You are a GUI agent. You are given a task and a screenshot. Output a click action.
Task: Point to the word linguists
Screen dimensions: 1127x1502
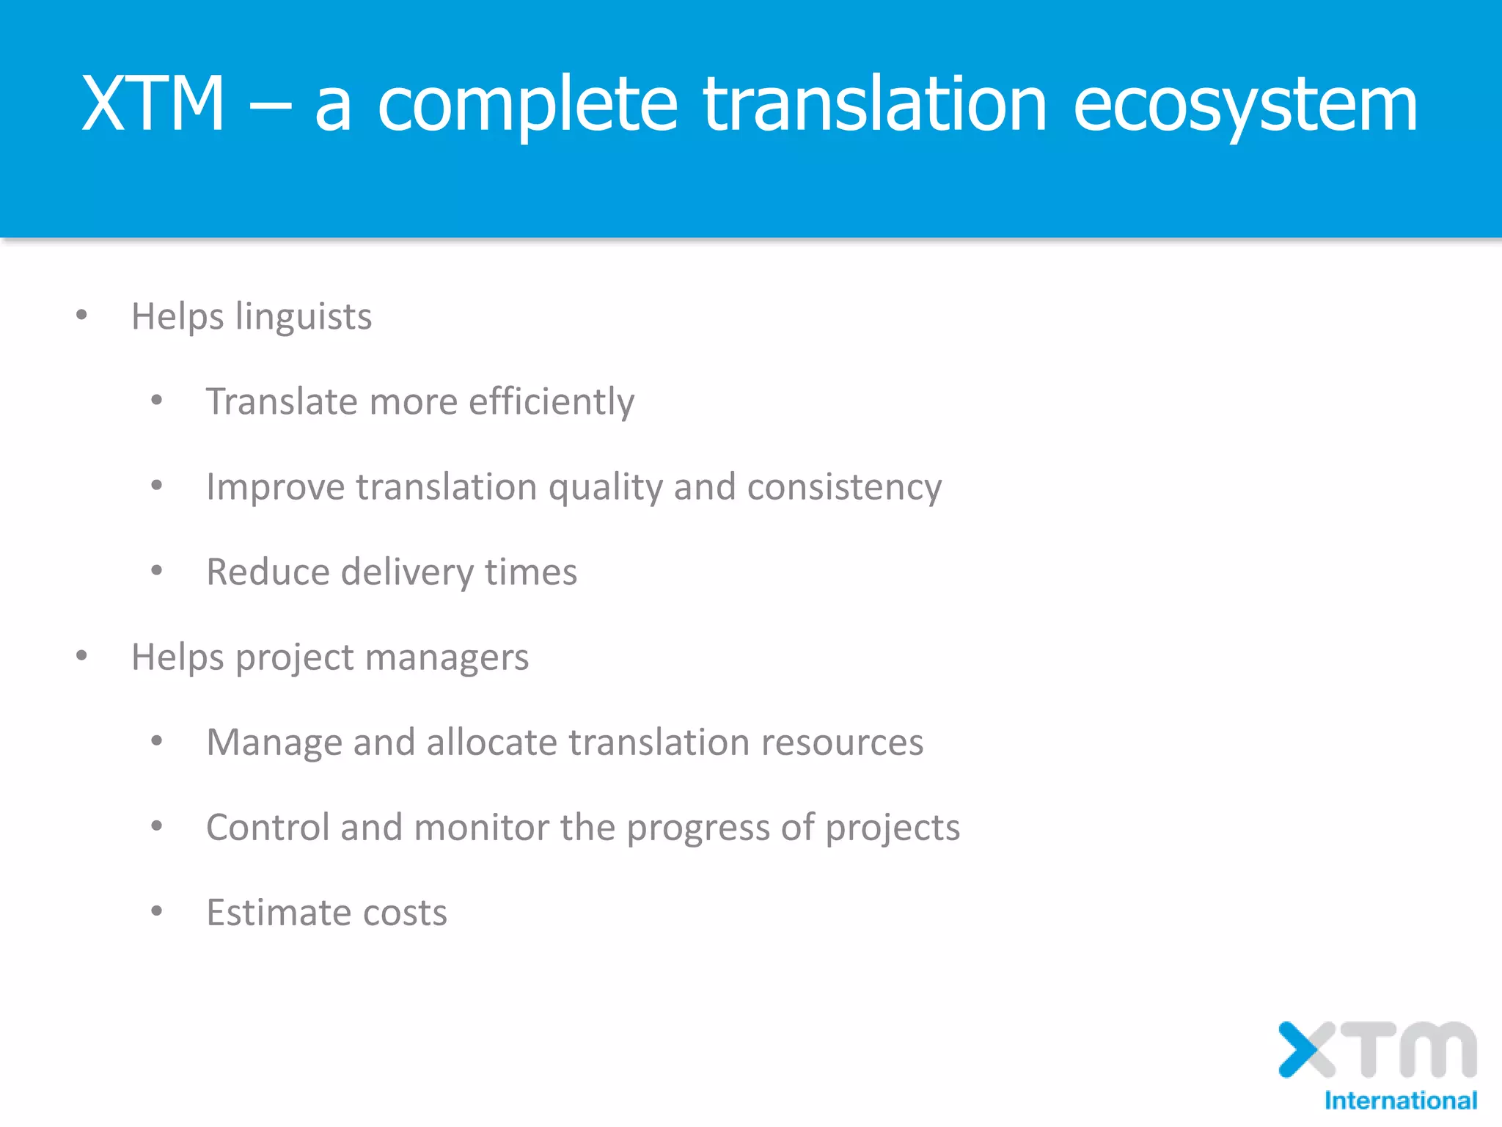click(303, 317)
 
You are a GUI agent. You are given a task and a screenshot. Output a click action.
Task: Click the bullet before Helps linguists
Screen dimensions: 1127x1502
click(81, 316)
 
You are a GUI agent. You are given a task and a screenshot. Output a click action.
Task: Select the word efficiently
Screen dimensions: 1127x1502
click(551, 402)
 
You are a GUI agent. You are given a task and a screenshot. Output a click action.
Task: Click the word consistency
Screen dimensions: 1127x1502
click(844, 487)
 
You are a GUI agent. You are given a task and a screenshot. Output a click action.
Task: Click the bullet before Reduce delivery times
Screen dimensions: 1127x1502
click(156, 571)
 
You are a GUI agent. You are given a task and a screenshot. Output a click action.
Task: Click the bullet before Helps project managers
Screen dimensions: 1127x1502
click(81, 656)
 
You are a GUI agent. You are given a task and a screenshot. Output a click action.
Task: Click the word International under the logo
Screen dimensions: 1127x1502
click(1400, 1101)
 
